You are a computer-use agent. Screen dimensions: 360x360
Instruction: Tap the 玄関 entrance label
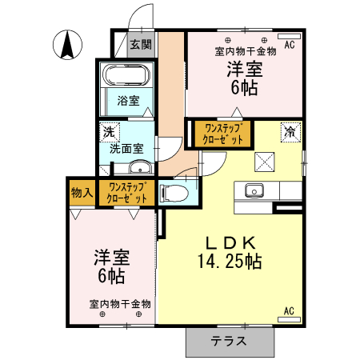[x=140, y=45]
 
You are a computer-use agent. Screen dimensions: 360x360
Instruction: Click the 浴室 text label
[x=128, y=101]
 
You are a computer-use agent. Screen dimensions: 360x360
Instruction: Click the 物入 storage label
[x=82, y=192]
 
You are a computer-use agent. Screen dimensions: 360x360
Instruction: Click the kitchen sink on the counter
[x=254, y=192]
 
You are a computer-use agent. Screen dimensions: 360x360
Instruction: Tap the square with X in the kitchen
[x=265, y=162]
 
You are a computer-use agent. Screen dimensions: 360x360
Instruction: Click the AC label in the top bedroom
[x=289, y=46]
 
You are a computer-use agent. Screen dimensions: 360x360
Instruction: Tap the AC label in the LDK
[x=289, y=310]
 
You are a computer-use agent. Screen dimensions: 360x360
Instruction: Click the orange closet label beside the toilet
[x=128, y=192]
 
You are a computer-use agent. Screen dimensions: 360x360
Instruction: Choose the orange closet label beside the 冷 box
[x=223, y=132]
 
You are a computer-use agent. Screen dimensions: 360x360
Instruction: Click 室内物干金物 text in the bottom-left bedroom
[x=120, y=304]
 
